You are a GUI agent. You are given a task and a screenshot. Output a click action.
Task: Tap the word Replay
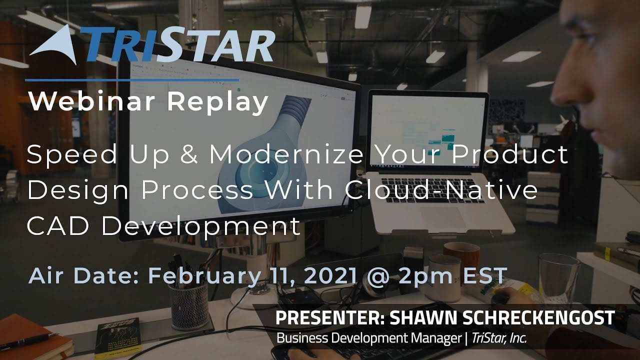tap(217, 103)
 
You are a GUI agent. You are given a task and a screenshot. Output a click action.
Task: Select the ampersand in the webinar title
tap(189, 154)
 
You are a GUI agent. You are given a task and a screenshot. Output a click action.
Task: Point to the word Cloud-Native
tap(441, 189)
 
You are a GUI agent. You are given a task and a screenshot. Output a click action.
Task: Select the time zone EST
tap(485, 275)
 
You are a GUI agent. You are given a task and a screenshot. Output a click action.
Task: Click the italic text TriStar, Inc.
tap(499, 338)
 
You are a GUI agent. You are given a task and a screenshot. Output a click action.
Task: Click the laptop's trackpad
tap(443, 217)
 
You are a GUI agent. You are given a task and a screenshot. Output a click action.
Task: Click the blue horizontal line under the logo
tap(132, 80)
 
